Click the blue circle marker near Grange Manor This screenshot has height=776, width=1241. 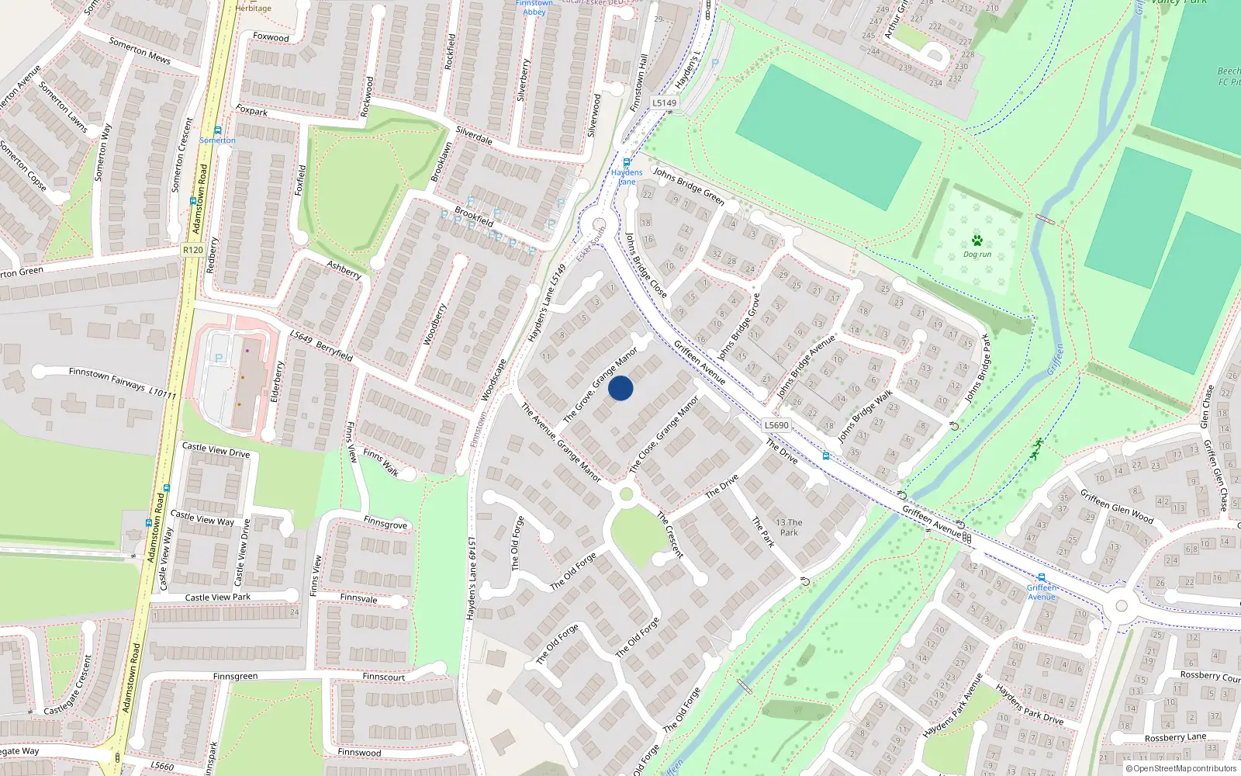[620, 388]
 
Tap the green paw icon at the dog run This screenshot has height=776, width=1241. [977, 241]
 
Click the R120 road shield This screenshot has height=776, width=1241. [192, 250]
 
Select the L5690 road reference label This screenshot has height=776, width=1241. [776, 425]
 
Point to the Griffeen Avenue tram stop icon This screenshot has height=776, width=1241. [1042, 578]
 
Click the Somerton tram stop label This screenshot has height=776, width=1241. [217, 140]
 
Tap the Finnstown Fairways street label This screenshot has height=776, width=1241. [123, 383]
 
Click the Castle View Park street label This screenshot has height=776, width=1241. [217, 598]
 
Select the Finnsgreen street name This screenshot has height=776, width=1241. [235, 677]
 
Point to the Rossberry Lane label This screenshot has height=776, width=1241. [1175, 737]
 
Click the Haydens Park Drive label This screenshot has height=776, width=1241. [1029, 704]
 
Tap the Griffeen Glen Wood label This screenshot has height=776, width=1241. [1117, 506]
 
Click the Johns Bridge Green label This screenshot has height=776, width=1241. [688, 186]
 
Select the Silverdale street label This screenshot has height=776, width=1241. [474, 136]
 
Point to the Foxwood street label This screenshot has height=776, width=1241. [271, 37]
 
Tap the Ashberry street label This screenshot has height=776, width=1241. [344, 270]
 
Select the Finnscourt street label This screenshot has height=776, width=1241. [383, 677]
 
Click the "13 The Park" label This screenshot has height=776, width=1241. [789, 528]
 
